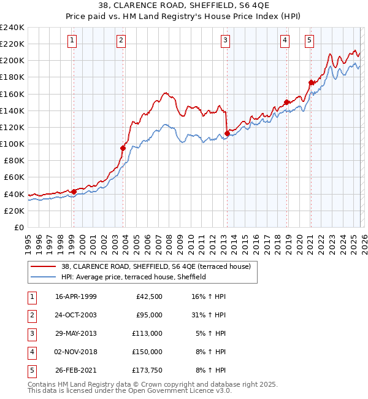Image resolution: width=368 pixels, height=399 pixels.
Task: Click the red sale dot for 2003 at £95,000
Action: pyautogui.click(x=123, y=148)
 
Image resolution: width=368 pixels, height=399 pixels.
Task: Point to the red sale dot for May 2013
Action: pyautogui.click(x=227, y=133)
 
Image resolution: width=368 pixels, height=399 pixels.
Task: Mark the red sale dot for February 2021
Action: pyautogui.click(x=311, y=82)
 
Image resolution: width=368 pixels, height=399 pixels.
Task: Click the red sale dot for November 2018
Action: pyautogui.click(x=286, y=102)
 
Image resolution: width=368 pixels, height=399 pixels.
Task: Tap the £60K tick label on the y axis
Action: pyautogui.click(x=13, y=177)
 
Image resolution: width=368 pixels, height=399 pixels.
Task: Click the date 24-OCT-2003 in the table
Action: pyautogui.click(x=75, y=315)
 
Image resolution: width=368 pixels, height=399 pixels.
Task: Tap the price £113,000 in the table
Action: pyautogui.click(x=147, y=333)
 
